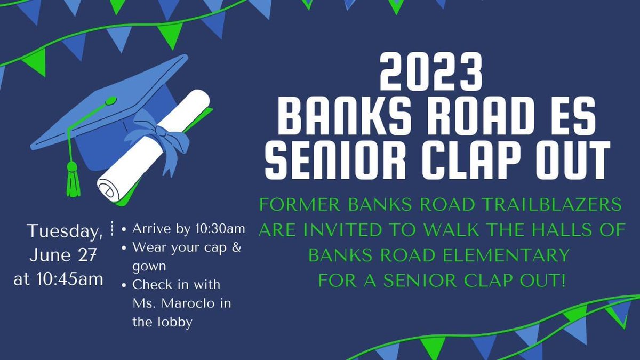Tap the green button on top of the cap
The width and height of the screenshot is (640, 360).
(x=110, y=100)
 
